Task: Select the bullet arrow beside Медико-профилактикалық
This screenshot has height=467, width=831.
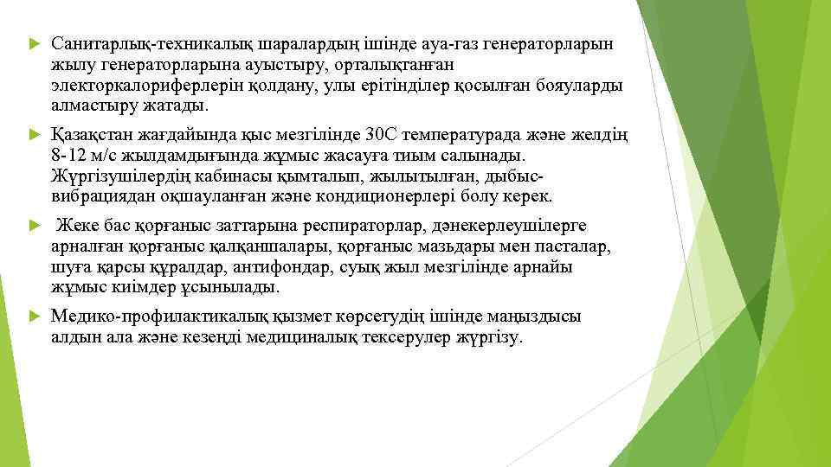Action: coord(33,318)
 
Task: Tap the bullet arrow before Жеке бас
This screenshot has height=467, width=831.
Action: coord(33,227)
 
